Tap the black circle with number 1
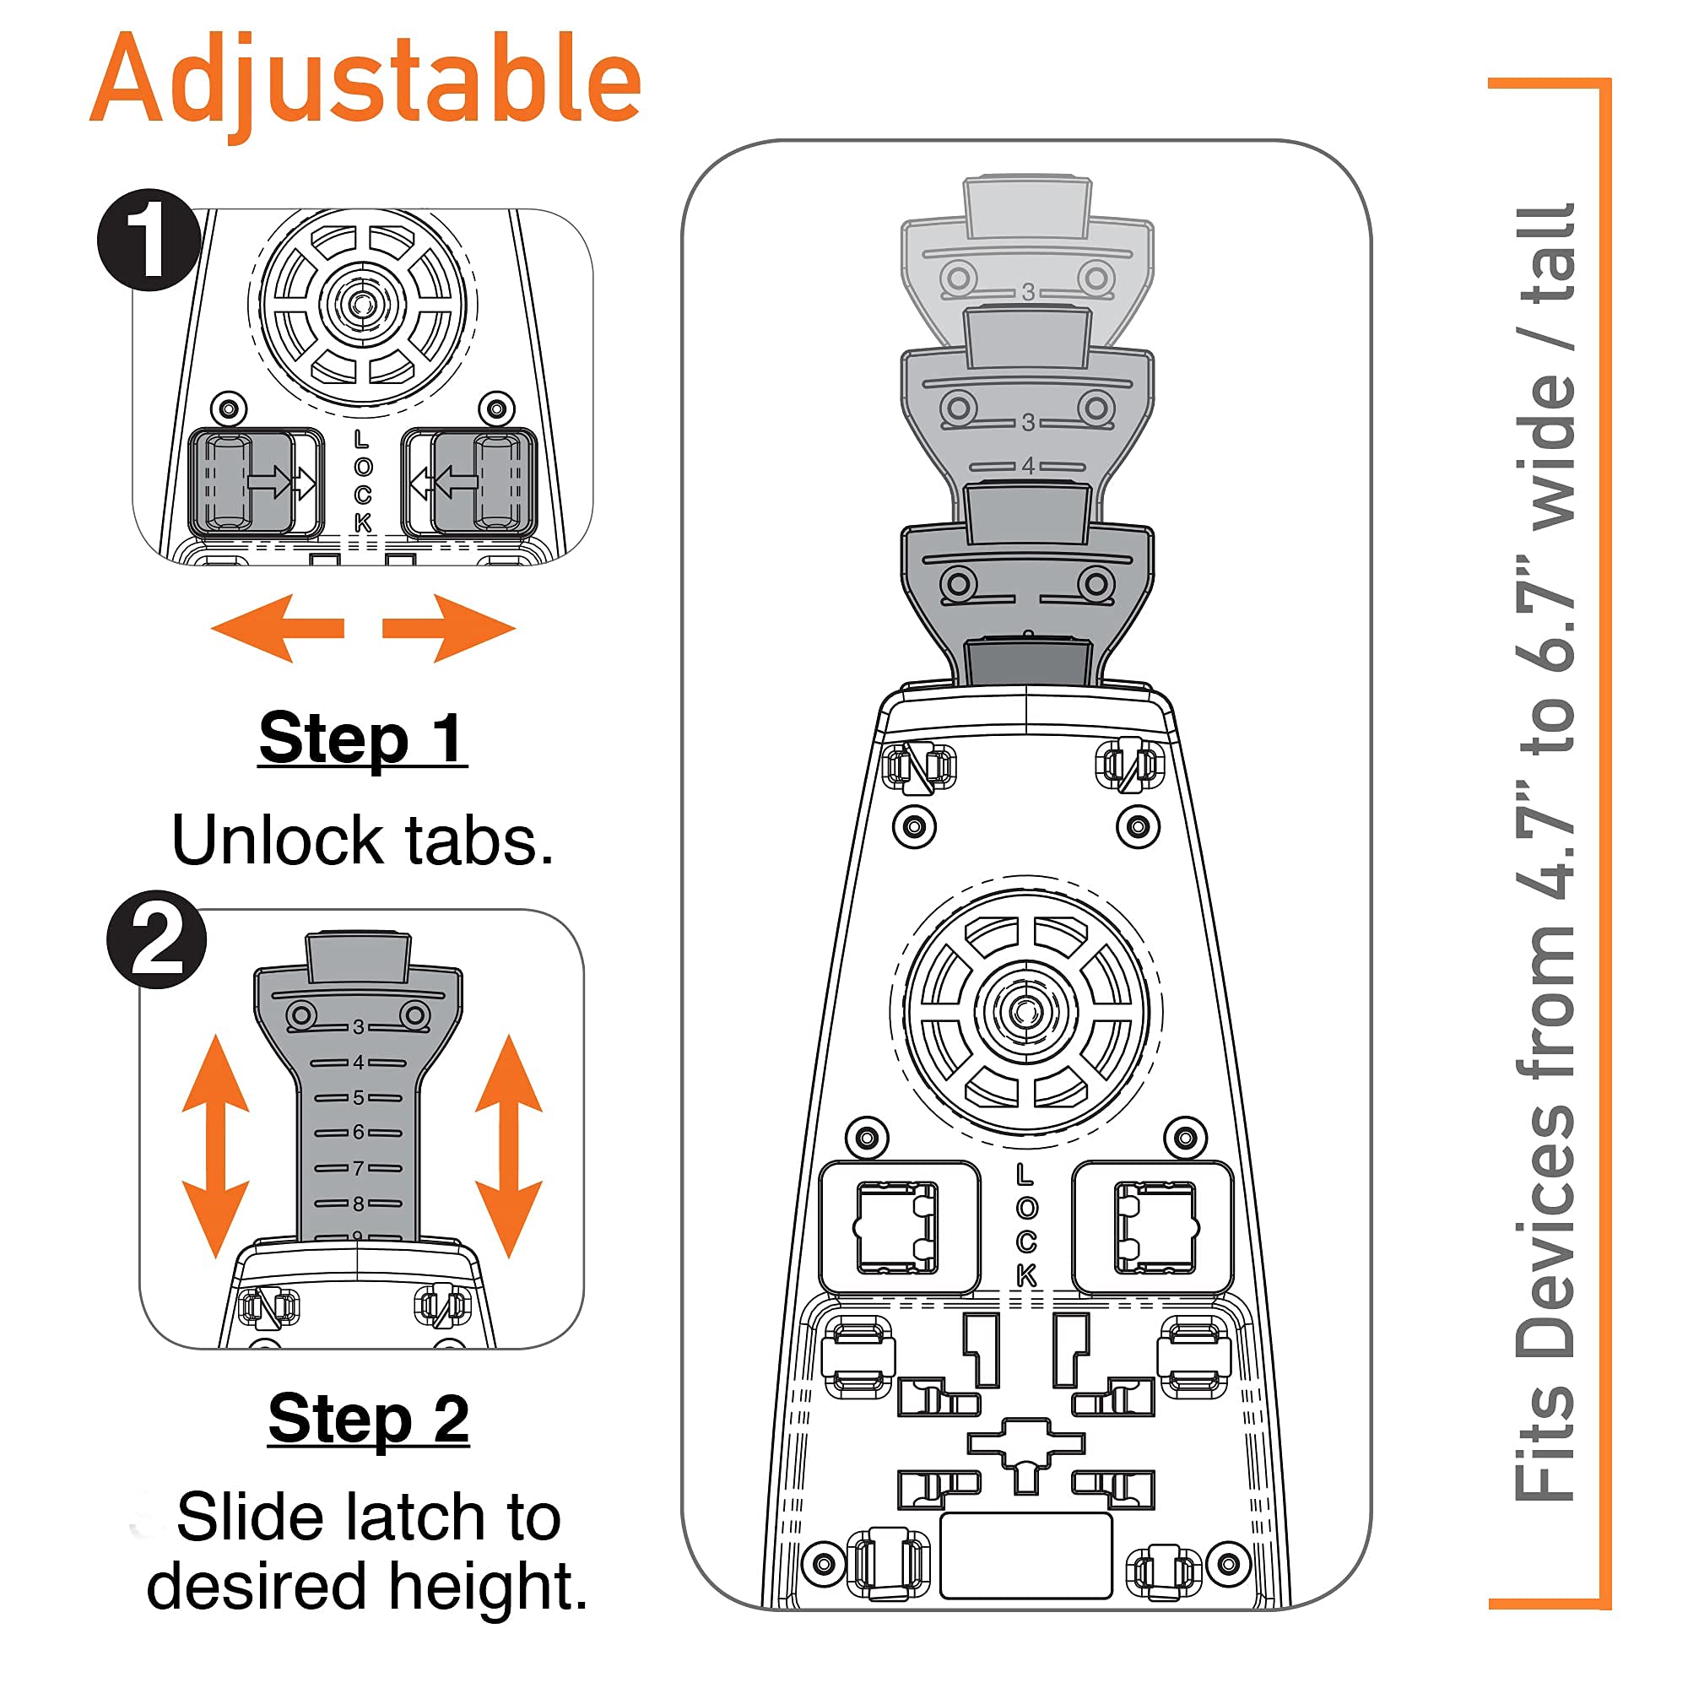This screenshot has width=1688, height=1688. (x=149, y=241)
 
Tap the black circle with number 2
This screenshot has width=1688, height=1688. (x=156, y=939)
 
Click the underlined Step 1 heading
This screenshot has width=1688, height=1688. (x=363, y=738)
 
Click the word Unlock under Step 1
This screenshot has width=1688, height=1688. (x=277, y=841)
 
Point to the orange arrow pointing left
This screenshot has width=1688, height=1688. (x=278, y=628)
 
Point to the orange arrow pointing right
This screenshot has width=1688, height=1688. (x=449, y=628)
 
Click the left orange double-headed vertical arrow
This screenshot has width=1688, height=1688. (x=216, y=1145)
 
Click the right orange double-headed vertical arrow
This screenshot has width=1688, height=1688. (x=508, y=1145)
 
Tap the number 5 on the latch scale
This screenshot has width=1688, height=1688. (x=358, y=1097)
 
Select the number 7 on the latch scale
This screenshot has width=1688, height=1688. (x=358, y=1168)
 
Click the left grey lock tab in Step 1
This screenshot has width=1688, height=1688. (x=241, y=482)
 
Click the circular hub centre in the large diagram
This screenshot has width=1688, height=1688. (x=1025, y=1012)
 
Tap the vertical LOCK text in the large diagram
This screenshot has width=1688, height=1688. (x=1026, y=1225)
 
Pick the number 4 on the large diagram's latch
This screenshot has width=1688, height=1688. (x=1028, y=466)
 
